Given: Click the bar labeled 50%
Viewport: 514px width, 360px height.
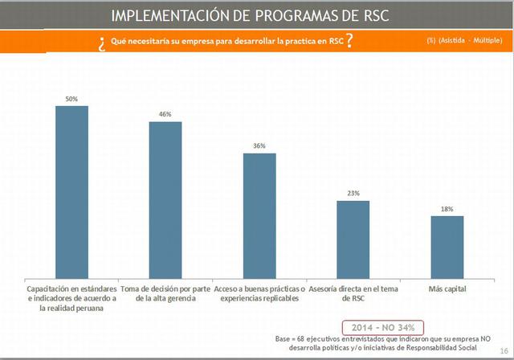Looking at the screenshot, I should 71,190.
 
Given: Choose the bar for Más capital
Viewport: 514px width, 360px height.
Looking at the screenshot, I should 447,245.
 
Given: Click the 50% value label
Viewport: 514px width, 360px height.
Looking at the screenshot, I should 71,99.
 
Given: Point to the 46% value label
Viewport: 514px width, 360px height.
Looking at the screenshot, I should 165,114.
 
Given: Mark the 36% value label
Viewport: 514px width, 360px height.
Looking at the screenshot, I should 259,146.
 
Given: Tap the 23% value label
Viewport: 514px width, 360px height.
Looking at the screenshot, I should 353,194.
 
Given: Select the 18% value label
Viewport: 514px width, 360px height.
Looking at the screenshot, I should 447,209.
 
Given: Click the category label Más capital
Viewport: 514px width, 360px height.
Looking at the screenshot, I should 447,288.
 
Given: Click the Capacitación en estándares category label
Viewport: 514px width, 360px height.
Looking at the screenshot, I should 71,297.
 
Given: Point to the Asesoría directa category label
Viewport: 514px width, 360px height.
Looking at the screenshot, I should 353,292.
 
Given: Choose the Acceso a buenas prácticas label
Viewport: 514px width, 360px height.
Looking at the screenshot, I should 259,292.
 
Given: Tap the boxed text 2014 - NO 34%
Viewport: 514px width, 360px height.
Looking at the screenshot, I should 381,327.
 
